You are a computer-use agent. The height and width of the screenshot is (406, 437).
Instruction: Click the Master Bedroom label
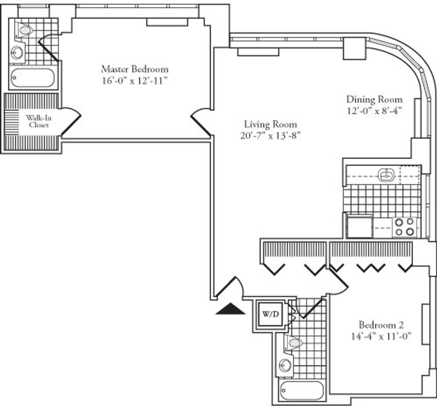click(x=134, y=69)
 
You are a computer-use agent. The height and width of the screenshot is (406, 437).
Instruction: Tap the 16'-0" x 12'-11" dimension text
click(x=135, y=81)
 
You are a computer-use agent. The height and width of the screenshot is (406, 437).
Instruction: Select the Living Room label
click(x=270, y=124)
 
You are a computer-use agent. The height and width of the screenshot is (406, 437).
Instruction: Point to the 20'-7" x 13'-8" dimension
click(x=270, y=136)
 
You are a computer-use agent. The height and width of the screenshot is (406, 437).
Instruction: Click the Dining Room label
click(x=374, y=100)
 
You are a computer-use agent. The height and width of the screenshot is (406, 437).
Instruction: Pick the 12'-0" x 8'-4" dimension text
click(x=374, y=111)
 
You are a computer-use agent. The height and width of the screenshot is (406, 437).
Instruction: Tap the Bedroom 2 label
click(x=381, y=324)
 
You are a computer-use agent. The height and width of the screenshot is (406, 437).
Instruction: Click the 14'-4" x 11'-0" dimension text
click(x=381, y=336)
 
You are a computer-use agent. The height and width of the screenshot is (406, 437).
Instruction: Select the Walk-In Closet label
click(x=39, y=121)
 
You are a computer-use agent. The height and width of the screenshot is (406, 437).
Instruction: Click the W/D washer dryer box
click(x=270, y=314)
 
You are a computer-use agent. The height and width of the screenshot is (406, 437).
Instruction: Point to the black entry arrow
click(x=231, y=309)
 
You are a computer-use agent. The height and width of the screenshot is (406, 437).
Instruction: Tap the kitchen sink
click(x=387, y=175)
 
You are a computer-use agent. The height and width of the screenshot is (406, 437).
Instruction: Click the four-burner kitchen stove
click(x=404, y=227)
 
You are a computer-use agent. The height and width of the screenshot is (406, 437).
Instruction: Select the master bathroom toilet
click(x=23, y=30)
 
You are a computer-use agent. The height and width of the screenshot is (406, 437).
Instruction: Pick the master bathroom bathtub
click(x=33, y=78)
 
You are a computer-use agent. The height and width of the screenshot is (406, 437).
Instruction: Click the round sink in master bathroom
click(x=17, y=52)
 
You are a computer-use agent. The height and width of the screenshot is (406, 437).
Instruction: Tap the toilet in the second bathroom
click(x=293, y=343)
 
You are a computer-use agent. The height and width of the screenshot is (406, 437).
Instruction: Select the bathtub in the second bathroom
click(x=302, y=390)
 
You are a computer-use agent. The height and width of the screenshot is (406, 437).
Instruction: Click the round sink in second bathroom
click(x=286, y=364)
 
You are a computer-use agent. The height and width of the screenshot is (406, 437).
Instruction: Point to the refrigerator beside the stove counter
click(x=359, y=226)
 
